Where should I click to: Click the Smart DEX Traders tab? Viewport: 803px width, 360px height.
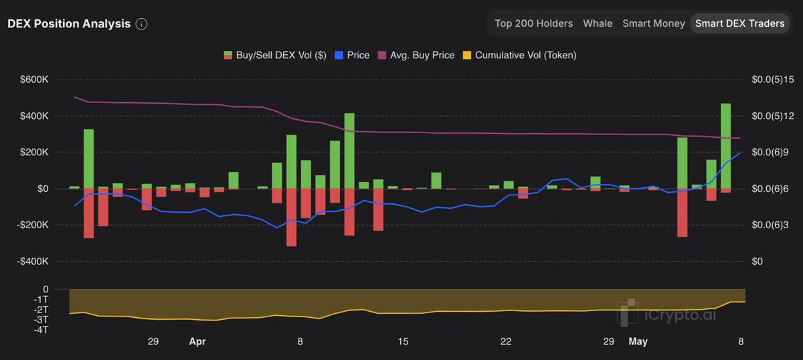739,23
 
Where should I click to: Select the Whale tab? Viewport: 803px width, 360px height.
598,23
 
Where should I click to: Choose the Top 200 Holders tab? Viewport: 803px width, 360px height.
533,23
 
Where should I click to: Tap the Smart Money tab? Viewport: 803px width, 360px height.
653,23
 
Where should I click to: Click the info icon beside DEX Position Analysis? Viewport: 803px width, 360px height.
141,24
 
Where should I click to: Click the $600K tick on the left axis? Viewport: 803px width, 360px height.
35,80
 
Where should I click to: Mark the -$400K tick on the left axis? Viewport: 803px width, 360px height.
33,262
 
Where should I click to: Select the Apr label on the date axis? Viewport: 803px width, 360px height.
197,342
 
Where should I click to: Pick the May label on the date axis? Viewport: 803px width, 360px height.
638,342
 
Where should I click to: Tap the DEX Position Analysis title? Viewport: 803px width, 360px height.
69,23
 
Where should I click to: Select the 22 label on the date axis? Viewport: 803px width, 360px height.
506,342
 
